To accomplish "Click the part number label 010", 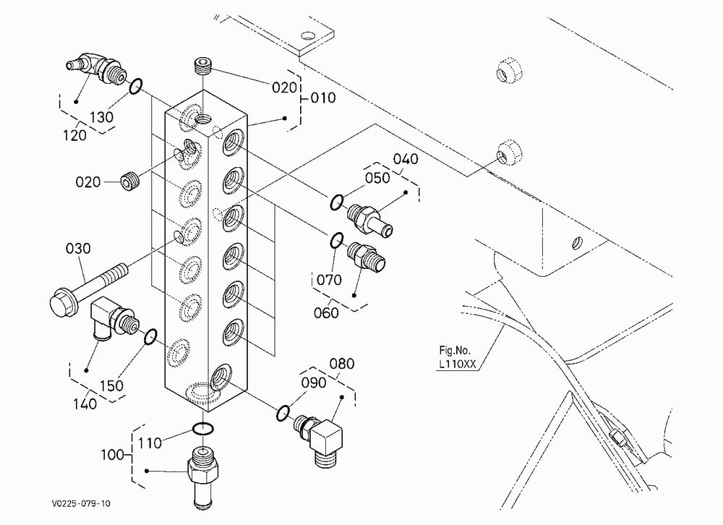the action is point(323,98).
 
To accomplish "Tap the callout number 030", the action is point(78,249).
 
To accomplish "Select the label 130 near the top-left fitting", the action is point(101,117).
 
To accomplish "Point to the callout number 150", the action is point(111,385).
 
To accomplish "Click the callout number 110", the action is point(150,443).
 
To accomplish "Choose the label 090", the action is point(314,383).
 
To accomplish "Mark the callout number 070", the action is point(329,280).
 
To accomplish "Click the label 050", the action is point(377,178).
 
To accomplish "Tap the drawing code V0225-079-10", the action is point(81,503).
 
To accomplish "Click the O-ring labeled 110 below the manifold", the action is point(203,429).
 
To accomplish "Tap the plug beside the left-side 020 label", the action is point(130,181).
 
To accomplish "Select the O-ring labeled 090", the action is point(283,413).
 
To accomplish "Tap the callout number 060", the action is point(326,313).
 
